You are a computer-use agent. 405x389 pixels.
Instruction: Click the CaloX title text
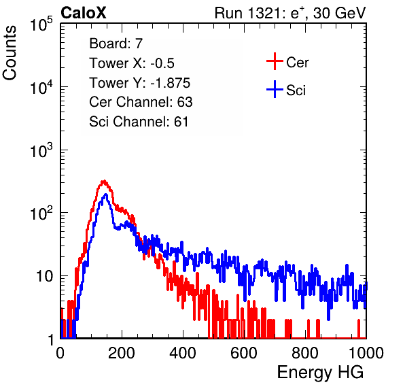point(84,13)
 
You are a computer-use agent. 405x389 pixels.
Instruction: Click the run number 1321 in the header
point(264,13)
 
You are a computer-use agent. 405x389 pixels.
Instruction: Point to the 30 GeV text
point(339,14)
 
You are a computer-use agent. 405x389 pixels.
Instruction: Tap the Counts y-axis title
point(10,53)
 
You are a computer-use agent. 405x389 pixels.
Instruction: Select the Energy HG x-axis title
point(320,373)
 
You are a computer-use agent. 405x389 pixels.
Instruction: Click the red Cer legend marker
point(275,61)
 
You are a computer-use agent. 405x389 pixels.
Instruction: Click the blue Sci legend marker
point(275,90)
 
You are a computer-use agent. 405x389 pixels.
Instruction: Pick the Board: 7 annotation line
point(116,44)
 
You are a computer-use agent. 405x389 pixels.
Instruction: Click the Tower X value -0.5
point(162,63)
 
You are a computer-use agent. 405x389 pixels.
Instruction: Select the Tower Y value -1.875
point(170,83)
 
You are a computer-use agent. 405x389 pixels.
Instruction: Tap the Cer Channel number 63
point(185,102)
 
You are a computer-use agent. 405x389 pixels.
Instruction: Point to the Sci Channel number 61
point(181,122)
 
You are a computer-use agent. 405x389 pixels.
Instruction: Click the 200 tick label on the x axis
point(122,353)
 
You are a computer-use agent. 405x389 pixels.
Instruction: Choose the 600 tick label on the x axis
point(244,353)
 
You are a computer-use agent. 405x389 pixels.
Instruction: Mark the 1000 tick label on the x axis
point(366,353)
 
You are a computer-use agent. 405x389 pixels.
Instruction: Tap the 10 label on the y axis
point(45,277)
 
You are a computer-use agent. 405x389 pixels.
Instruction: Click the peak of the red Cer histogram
point(104,181)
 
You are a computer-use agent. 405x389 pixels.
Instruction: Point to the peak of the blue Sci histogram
point(105,194)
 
